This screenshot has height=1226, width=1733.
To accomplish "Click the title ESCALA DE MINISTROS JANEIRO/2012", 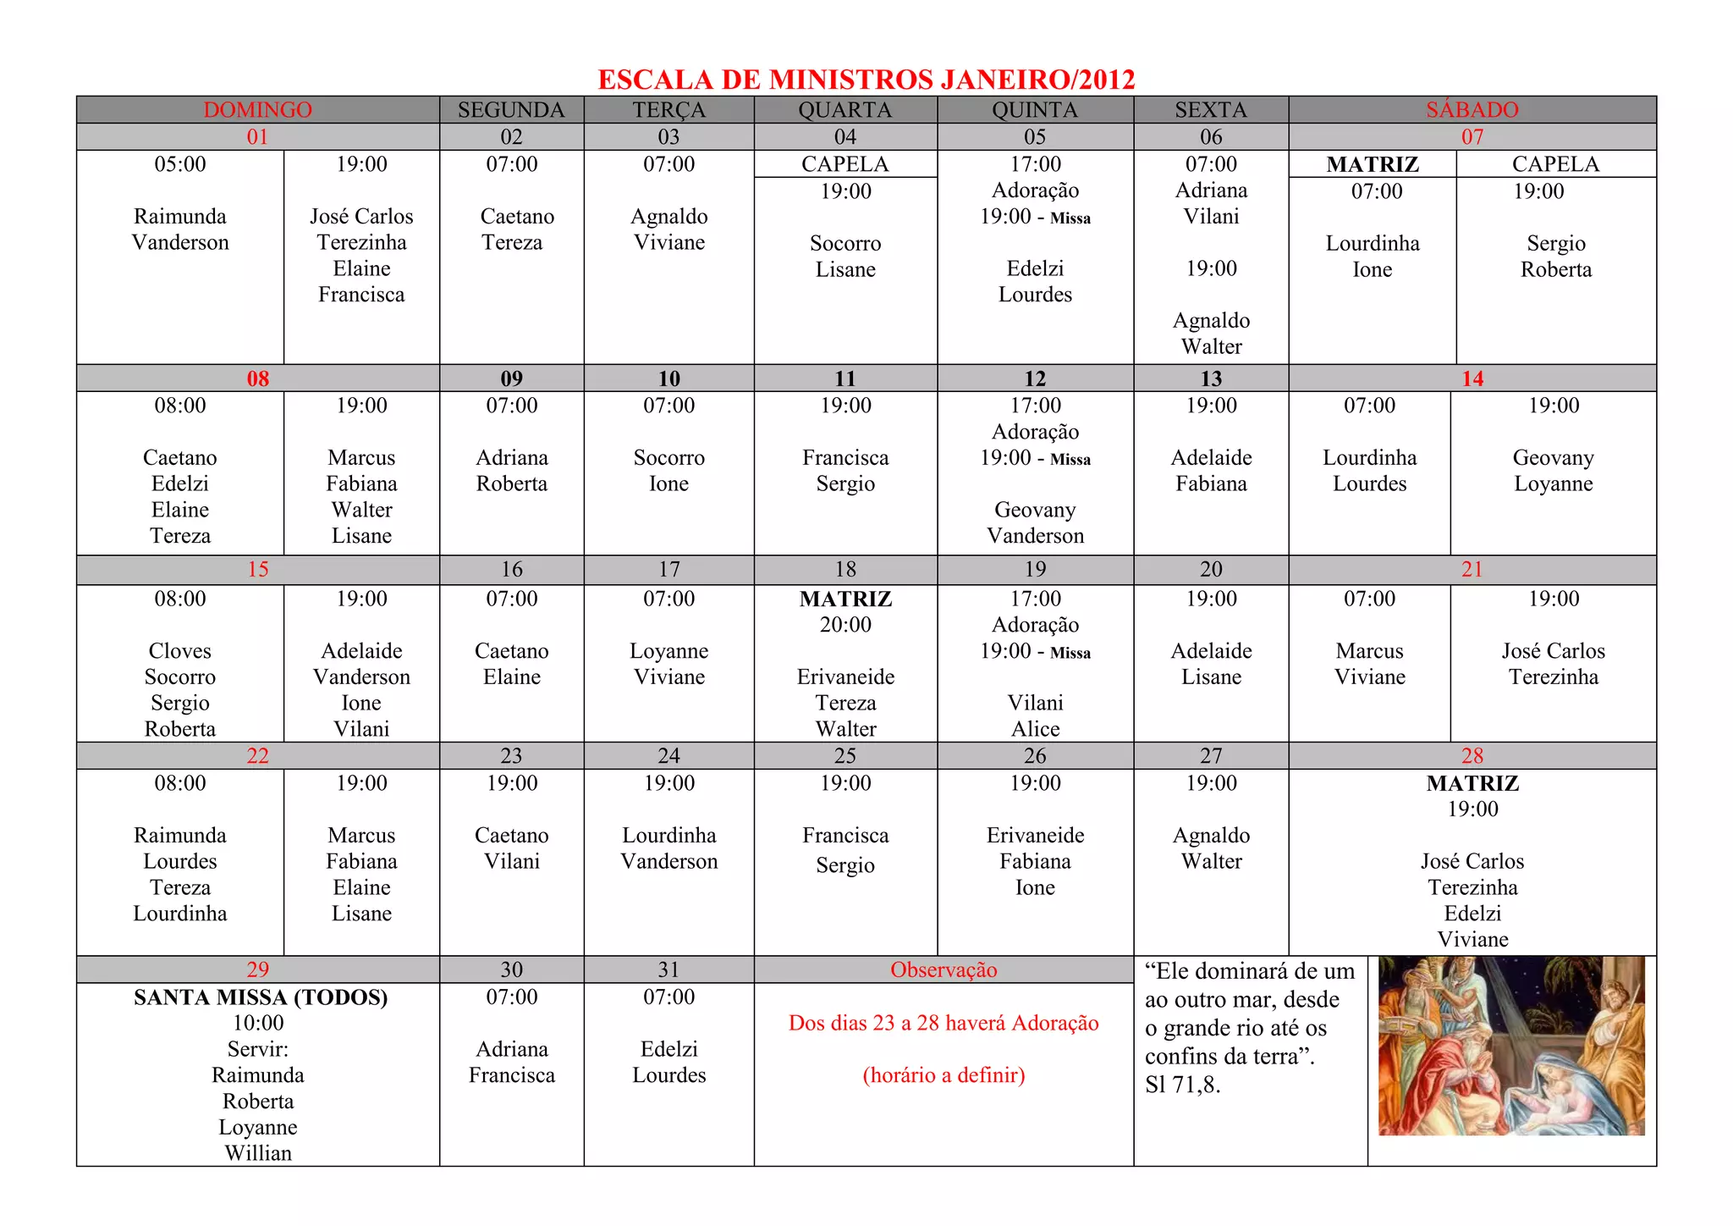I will tap(866, 80).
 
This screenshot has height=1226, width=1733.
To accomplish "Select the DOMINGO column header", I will tap(257, 110).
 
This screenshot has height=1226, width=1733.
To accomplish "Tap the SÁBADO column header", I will tap(1472, 110).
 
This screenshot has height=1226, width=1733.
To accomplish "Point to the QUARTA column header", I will tap(844, 110).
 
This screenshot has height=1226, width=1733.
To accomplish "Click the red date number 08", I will tap(257, 378).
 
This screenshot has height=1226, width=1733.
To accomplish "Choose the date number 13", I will tap(1211, 378).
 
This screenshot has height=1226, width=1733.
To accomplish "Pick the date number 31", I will tap(668, 969).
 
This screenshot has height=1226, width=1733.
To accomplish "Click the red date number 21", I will tap(1472, 569).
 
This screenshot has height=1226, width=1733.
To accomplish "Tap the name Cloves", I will tap(179, 650).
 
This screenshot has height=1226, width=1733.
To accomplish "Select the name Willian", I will tap(258, 1153).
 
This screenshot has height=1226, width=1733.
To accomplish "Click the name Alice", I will tap(1035, 729).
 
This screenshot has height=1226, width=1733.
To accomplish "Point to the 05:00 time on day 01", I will tap(179, 164).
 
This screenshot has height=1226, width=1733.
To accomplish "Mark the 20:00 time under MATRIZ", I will tap(845, 625).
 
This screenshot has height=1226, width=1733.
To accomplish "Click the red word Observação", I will tap(944, 969).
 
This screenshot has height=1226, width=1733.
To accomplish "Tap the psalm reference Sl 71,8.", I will tap(1182, 1085).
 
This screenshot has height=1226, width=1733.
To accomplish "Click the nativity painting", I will tap(1511, 1046).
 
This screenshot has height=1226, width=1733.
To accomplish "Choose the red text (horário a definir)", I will tap(944, 1075).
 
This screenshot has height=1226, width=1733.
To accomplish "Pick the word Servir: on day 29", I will tap(258, 1049).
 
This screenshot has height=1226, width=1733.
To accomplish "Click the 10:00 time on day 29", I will tap(258, 1023).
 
